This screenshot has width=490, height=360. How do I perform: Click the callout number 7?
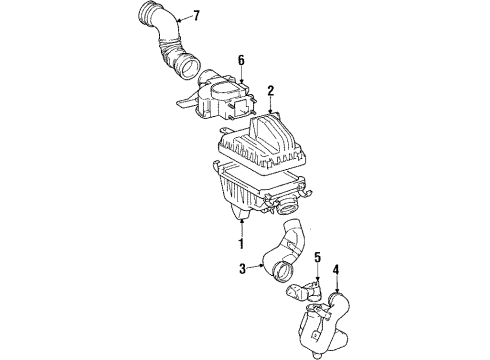[196, 15]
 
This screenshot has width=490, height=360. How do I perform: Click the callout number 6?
[241, 60]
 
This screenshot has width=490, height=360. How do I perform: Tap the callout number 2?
[270, 91]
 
